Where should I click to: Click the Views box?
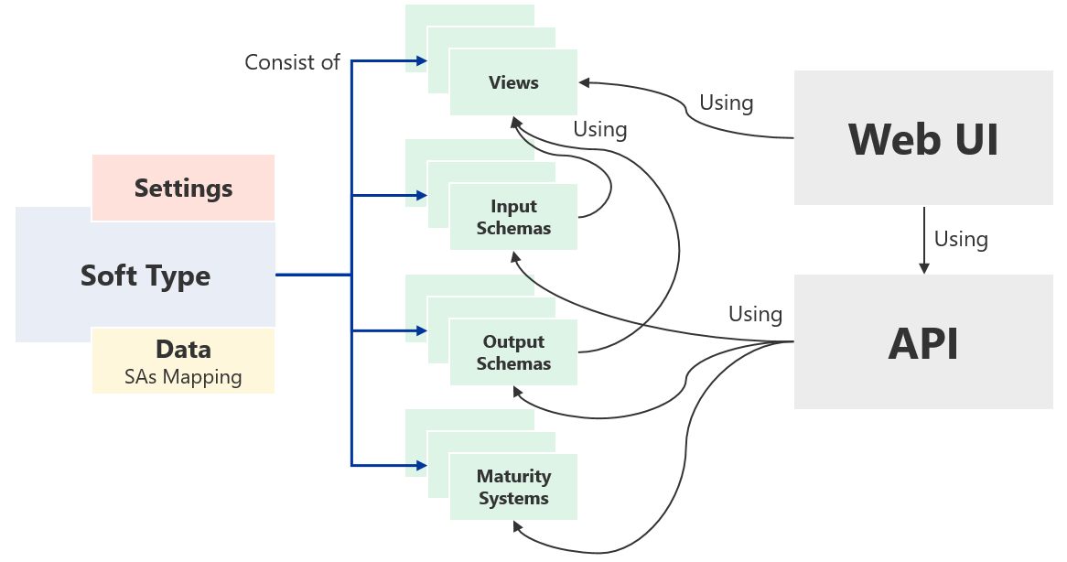(x=513, y=82)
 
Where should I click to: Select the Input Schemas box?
(x=513, y=217)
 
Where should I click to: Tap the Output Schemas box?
(x=513, y=352)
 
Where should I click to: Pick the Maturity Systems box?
(x=513, y=487)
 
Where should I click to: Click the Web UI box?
(x=922, y=138)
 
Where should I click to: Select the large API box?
(x=922, y=342)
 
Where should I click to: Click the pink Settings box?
(x=183, y=188)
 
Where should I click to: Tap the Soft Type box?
(x=145, y=275)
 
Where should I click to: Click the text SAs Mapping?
(x=183, y=376)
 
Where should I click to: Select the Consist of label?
(x=292, y=62)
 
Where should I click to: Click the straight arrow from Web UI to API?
(x=923, y=238)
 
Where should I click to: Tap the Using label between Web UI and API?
(x=961, y=239)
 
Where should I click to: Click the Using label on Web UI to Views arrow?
(x=726, y=103)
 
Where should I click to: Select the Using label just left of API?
(x=755, y=314)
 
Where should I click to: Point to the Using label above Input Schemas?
(x=599, y=129)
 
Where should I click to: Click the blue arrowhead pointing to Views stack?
(x=422, y=61)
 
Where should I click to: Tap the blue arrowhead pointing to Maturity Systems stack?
(x=422, y=466)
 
